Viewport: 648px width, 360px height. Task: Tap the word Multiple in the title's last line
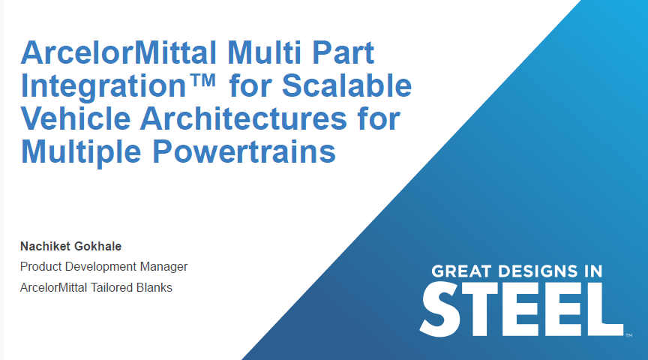(82, 152)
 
